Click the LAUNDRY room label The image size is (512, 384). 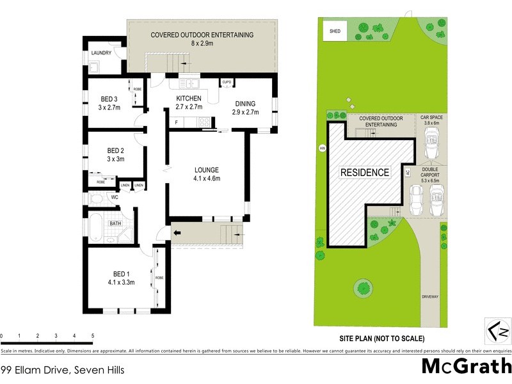[x=101, y=53]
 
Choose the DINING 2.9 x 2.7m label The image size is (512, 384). [x=244, y=108]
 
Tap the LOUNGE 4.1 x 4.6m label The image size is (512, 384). [x=207, y=174]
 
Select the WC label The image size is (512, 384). [x=115, y=197]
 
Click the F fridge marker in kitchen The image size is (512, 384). [x=176, y=122]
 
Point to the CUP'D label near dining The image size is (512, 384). [x=227, y=83]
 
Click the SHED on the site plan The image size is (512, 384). [x=335, y=31]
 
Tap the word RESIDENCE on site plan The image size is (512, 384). [x=364, y=172]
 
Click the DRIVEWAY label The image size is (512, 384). [x=430, y=297]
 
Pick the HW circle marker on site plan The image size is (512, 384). [x=322, y=148]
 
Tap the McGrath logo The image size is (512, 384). [x=466, y=367]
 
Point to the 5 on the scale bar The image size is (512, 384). [x=93, y=335]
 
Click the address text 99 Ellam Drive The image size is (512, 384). [x=62, y=369]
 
